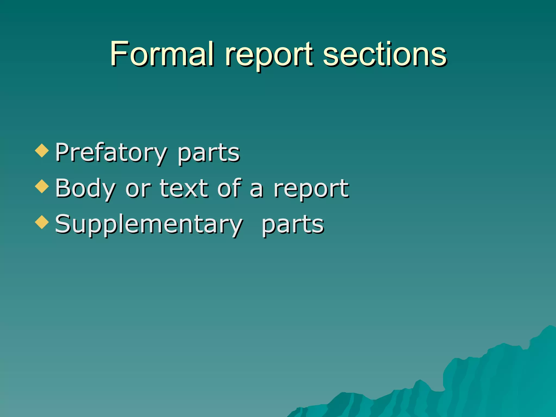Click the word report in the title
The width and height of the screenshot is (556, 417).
point(269,56)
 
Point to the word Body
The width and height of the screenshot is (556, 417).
point(86,189)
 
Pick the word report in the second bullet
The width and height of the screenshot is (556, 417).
point(311,189)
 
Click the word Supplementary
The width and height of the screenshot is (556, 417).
point(149,225)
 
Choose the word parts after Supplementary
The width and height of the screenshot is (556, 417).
point(293,225)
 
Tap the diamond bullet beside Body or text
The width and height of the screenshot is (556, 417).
point(42,186)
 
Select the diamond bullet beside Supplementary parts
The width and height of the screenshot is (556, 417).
point(42,222)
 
